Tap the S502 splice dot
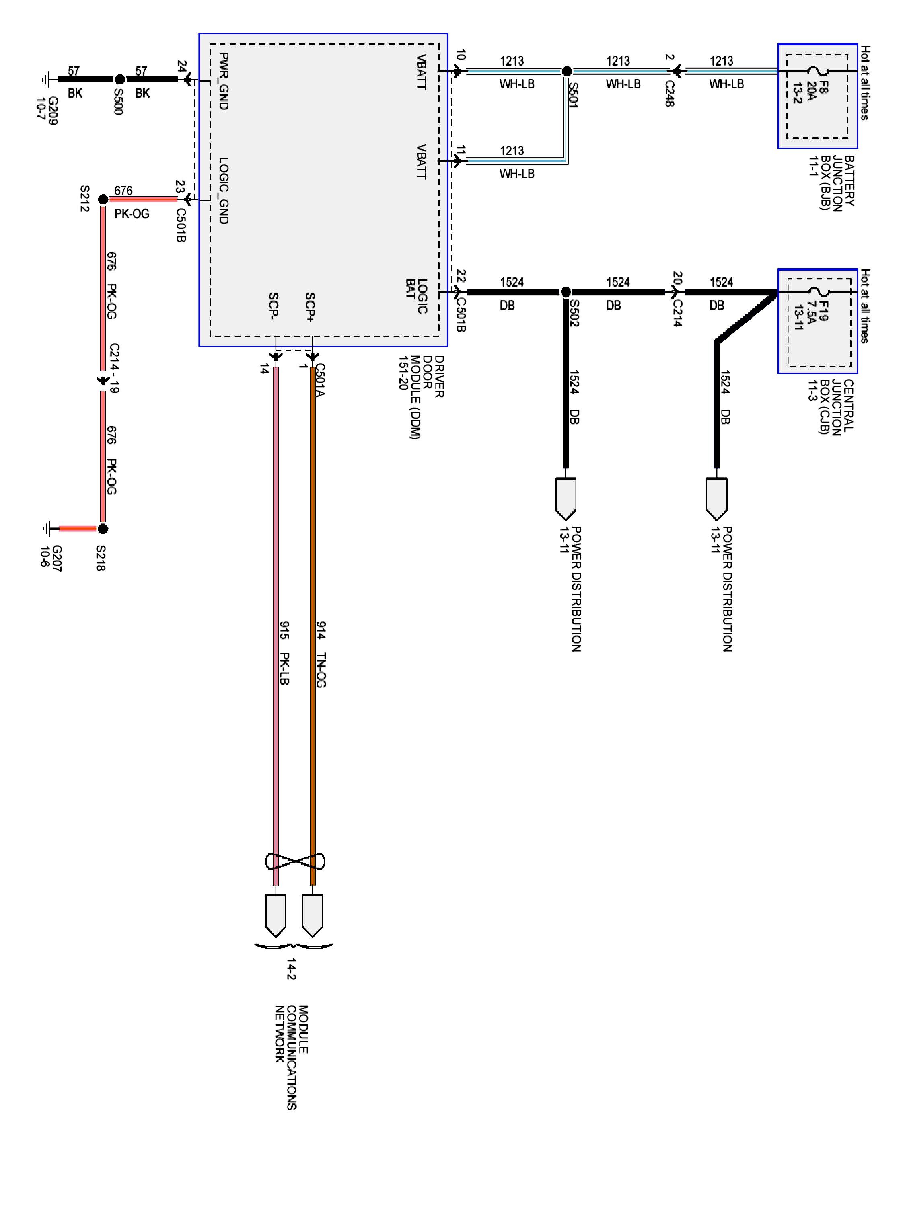(566, 292)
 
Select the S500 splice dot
(119, 80)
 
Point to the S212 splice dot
(103, 199)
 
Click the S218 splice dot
(103, 528)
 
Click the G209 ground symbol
(46, 80)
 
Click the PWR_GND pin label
(223, 81)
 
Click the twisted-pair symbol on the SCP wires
(294, 861)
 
